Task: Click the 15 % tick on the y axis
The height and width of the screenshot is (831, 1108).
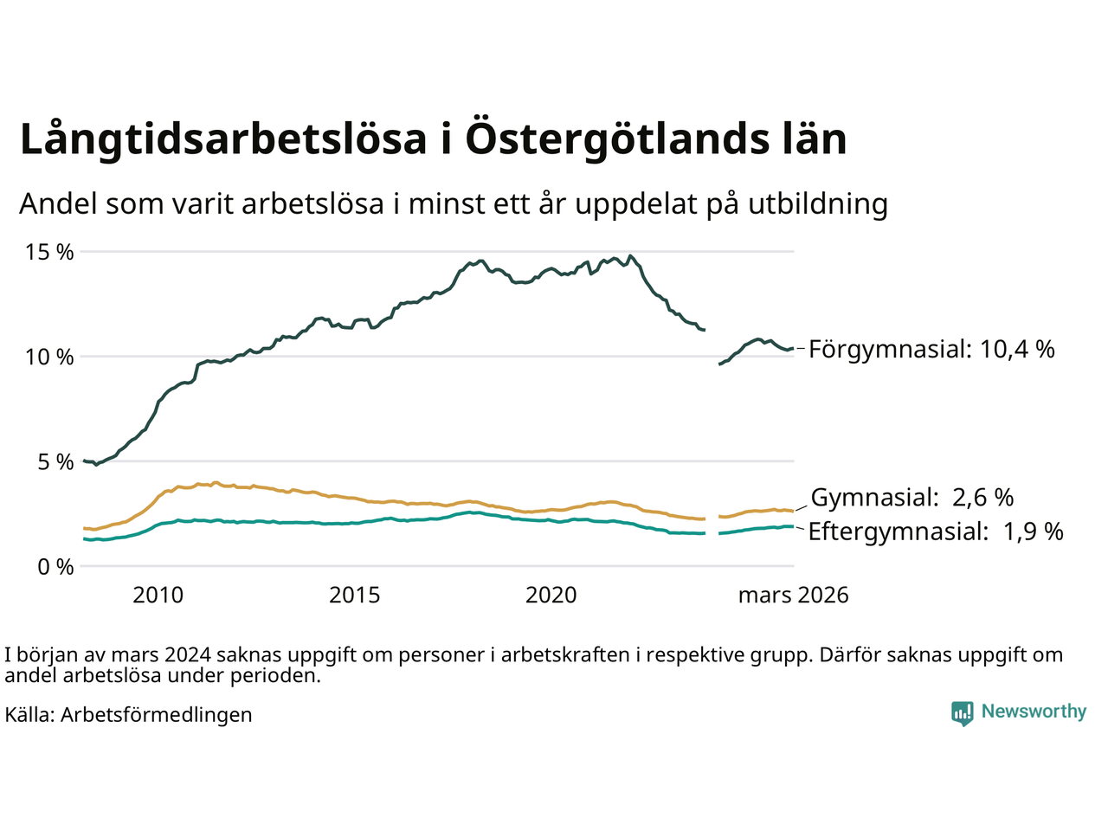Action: coord(49,252)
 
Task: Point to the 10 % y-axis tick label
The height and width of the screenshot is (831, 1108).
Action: coord(49,357)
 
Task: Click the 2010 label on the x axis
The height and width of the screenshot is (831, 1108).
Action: coord(158,596)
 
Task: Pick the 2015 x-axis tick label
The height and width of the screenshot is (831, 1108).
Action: coord(354,596)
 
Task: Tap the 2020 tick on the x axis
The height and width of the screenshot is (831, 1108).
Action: coord(551,596)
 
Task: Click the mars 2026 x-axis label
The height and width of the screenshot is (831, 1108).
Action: coord(793,596)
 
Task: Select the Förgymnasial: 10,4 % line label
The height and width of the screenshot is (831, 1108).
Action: coord(931,350)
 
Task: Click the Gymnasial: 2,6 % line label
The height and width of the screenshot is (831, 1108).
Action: coord(912,498)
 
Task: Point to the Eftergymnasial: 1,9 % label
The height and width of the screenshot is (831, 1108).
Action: coord(935,531)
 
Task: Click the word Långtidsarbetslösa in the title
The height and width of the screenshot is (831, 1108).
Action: coord(224,140)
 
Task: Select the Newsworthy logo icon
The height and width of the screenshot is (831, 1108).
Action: coord(962,712)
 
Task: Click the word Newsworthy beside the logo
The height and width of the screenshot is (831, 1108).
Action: coord(1034,712)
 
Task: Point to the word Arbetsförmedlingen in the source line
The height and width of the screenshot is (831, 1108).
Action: coord(157,715)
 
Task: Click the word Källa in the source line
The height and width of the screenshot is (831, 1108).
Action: coord(29,715)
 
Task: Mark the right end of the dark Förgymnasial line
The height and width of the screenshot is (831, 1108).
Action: coord(793,348)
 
